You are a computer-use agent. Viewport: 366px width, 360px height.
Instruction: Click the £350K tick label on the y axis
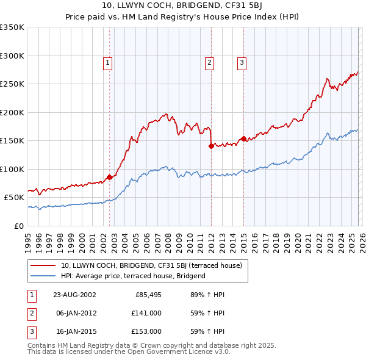(12, 27)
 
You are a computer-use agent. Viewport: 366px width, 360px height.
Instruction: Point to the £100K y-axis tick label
(12, 169)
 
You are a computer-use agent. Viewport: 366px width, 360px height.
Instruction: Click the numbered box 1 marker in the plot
(108, 62)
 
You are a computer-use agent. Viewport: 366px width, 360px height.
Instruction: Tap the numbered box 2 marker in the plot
(209, 62)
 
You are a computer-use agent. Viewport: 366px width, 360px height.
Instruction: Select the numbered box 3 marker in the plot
(242, 62)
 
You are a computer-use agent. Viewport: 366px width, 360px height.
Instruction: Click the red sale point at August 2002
(110, 177)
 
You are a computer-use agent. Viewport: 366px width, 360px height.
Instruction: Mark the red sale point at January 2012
(211, 146)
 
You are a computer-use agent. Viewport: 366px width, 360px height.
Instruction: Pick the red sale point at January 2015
(243, 139)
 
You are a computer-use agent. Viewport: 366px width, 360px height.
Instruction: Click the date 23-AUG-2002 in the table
(74, 295)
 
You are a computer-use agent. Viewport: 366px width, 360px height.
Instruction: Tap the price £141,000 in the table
(147, 313)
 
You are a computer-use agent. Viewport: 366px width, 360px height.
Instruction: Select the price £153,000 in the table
(147, 331)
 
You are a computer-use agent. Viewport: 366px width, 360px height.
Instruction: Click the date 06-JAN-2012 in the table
(74, 313)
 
